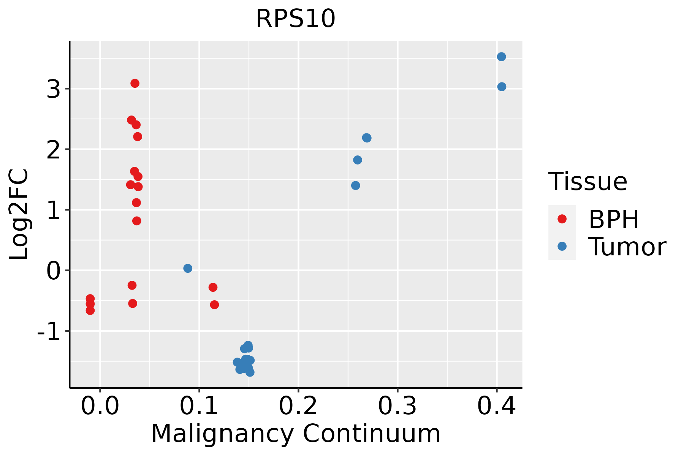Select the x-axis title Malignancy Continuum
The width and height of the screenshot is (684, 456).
click(x=296, y=434)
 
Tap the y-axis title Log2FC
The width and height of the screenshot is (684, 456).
click(x=19, y=215)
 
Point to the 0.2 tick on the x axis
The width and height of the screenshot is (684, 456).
click(x=298, y=406)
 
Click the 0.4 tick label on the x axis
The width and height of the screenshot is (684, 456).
click(x=496, y=406)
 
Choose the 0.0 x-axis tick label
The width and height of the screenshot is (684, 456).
click(x=100, y=406)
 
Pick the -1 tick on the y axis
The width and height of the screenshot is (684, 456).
click(x=48, y=331)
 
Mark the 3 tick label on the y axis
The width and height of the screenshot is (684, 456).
click(x=54, y=89)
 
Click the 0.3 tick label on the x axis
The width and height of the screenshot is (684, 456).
click(x=397, y=406)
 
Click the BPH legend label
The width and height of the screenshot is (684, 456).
click(x=614, y=219)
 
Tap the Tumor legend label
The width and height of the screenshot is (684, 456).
click(x=627, y=247)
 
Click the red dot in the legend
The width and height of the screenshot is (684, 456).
click(x=562, y=219)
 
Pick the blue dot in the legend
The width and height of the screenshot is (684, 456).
click(x=562, y=247)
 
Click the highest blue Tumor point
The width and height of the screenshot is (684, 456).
click(x=501, y=57)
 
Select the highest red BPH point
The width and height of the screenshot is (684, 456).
click(x=135, y=83)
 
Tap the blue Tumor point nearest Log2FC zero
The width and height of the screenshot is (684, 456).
click(x=188, y=268)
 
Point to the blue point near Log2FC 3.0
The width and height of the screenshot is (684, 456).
click(x=502, y=87)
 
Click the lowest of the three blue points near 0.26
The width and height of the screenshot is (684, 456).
click(x=356, y=185)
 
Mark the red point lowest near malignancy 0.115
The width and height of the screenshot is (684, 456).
click(x=214, y=305)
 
